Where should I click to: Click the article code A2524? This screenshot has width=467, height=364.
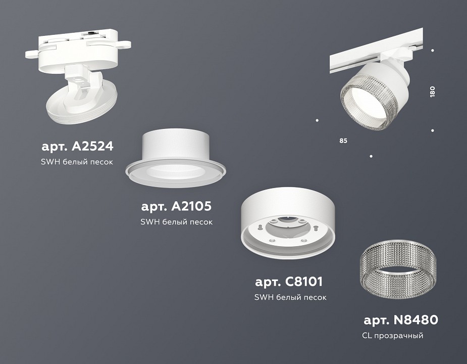[x=77, y=147]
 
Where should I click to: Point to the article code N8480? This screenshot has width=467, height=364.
[x=401, y=320]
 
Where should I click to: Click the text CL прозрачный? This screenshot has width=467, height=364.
[x=392, y=336]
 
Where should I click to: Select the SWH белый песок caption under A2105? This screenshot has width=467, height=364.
[x=177, y=221]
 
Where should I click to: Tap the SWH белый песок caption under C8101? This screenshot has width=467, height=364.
[x=290, y=297]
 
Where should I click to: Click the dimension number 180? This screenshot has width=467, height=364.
[x=432, y=92]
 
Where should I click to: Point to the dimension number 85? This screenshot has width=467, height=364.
[x=343, y=140]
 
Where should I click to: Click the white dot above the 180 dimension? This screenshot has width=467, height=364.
[x=433, y=51]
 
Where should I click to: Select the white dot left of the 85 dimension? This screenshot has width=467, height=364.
[x=317, y=120]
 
